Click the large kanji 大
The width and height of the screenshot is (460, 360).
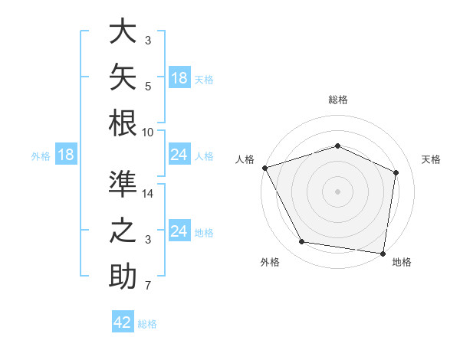[123, 31]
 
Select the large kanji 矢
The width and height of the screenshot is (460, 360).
[123, 77]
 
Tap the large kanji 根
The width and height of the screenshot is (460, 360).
[123, 123]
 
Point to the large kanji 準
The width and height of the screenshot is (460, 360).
[123, 184]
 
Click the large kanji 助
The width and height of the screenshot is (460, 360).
[123, 276]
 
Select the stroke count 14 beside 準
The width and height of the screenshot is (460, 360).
[147, 194]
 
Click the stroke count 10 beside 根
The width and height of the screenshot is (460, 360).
[147, 133]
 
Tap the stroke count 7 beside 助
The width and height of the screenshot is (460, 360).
[148, 285]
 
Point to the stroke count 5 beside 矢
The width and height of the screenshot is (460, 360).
[148, 87]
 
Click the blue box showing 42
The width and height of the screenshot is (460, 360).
[123, 321]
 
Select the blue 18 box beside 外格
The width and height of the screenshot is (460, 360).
[66, 154]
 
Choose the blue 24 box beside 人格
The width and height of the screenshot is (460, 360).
[180, 154]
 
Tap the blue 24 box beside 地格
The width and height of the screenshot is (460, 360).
[180, 230]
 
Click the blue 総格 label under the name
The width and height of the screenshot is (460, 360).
[147, 324]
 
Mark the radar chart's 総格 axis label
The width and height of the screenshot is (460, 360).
[338, 100]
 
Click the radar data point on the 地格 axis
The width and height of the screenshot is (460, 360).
[383, 254]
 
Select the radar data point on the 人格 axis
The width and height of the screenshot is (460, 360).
[265, 168]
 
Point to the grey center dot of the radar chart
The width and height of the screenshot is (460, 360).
[337, 191]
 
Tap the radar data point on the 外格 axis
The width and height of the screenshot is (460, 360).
[301, 242]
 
